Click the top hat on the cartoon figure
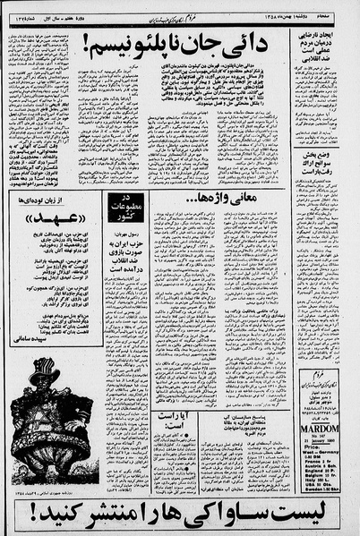tap(46, 374)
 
